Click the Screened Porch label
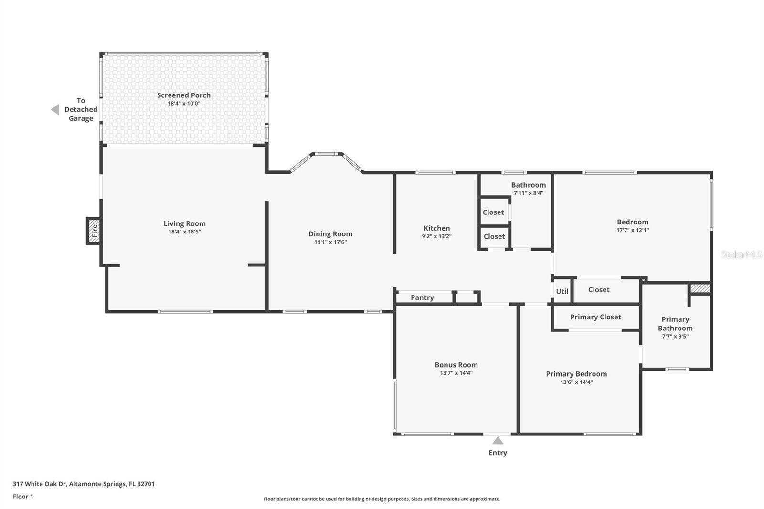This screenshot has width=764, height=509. click(x=184, y=95)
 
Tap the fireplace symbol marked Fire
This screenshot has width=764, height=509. click(x=94, y=231)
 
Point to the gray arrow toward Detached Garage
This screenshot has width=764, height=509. click(x=55, y=109)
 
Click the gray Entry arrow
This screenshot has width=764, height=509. click(x=498, y=440)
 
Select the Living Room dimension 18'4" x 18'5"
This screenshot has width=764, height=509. click(x=184, y=232)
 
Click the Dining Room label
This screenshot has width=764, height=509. click(x=330, y=234)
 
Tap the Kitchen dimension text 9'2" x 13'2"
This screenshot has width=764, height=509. click(x=436, y=236)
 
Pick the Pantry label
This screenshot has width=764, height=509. click(x=422, y=297)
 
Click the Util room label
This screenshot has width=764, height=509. click(x=562, y=291)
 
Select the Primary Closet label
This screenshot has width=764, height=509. click(x=595, y=317)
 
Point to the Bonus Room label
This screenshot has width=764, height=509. click(x=456, y=365)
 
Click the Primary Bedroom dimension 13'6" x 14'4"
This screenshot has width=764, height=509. click(x=576, y=382)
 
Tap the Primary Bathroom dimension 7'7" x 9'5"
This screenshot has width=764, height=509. click(x=675, y=336)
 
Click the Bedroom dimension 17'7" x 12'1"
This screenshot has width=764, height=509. click(x=633, y=230)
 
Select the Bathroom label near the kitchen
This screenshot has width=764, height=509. click(x=528, y=185)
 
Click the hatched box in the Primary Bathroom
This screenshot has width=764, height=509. click(x=700, y=288)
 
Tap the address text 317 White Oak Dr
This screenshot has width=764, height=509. click(x=39, y=484)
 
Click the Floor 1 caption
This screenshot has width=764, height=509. click(x=23, y=497)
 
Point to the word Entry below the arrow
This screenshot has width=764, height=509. click(x=498, y=453)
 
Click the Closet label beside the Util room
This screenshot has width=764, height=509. click(x=599, y=290)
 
